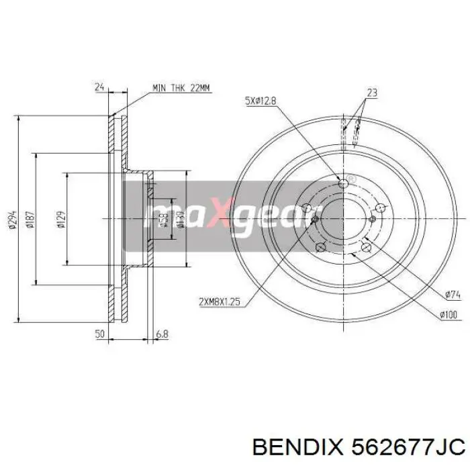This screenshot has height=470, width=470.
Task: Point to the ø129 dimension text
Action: coord(60,219)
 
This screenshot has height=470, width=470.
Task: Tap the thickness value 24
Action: coord(99,87)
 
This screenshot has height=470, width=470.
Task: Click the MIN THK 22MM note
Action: coord(181,88)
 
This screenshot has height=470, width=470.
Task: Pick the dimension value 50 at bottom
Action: coord(100,333)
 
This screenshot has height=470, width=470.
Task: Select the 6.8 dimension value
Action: coord(161,333)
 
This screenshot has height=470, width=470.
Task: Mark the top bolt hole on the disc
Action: coord(345,183)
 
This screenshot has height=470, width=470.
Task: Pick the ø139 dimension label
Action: coord(180,219)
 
